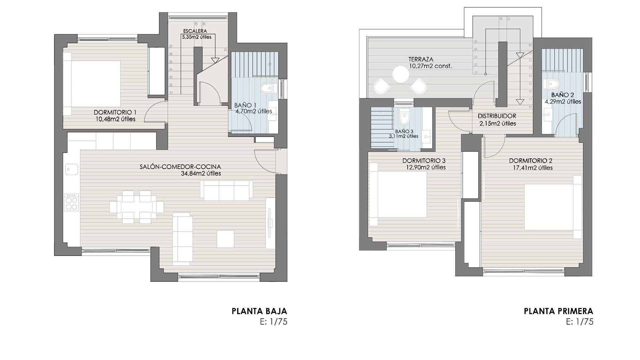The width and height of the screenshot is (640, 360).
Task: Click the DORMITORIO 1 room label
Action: pos(115,112)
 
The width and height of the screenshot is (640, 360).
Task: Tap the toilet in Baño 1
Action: pos(268,88)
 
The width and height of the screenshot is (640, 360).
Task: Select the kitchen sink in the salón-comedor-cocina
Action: pos(71,169)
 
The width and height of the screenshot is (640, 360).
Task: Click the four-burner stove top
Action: pos(71,202)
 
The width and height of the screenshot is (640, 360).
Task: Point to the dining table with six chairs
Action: pos(137,207)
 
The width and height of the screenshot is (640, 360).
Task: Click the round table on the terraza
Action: pos(400,74)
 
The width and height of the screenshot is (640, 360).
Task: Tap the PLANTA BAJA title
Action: pos(259,311)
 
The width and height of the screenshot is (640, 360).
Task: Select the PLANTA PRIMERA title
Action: pos(558,311)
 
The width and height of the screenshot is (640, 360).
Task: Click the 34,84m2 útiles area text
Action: pos(201,174)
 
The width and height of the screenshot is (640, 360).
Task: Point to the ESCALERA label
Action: pos(195,31)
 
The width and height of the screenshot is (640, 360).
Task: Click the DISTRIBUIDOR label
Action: pos(497,116)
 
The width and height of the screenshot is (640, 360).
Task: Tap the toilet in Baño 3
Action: pos(404,117)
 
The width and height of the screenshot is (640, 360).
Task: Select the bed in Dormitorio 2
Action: pos(552,207)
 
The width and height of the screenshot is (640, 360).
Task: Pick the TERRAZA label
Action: pos(421,59)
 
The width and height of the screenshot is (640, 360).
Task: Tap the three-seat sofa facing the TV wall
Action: pos(183,238)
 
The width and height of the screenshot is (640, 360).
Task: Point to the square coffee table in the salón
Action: pos(225,239)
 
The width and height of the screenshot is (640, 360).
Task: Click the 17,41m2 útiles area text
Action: pos(532,168)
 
